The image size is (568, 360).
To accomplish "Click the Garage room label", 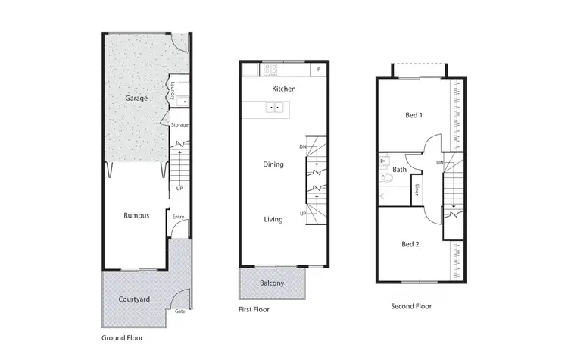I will (136, 98).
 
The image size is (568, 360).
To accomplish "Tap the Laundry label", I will (173, 91).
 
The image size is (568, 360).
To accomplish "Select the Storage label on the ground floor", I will (179, 124).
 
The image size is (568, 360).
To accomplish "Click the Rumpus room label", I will (136, 215).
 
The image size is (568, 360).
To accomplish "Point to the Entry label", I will (178, 218).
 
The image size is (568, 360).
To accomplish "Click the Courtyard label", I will (134, 299).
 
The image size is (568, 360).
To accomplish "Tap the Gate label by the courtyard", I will (180, 311).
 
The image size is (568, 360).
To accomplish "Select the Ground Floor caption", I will (122, 338).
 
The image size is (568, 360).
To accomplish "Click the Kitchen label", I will (284, 89).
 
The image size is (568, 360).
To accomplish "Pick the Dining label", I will (273, 164).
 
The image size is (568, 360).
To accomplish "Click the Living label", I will (273, 219).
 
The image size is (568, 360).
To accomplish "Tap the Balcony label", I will (271, 283).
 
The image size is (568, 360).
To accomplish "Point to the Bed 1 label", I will (413, 115).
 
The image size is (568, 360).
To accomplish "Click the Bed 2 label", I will (410, 243).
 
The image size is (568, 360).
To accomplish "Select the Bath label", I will (400, 170).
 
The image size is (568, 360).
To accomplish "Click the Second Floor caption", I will (411, 306).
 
